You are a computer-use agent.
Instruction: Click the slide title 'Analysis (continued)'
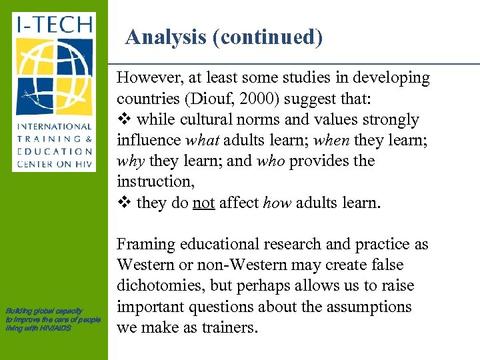tap(224, 37)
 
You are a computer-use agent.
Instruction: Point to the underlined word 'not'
tap(203, 202)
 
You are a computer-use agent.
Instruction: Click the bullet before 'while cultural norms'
tap(123, 120)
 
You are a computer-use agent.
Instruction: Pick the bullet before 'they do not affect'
tap(123, 202)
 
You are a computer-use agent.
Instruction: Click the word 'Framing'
tap(146, 245)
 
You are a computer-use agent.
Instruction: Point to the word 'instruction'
tap(151, 181)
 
